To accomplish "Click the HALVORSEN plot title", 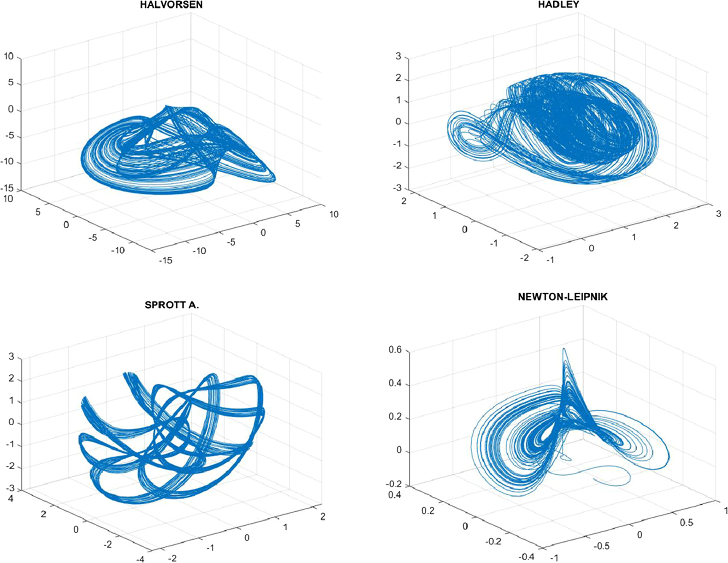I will tap(171, 6).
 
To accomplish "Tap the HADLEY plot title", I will tap(558, 5).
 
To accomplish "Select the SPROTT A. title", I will tap(171, 305).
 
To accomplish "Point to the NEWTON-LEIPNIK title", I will tap(563, 297).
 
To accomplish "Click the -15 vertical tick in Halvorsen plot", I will tap(8, 189).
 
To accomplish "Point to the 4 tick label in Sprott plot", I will tap(11, 499).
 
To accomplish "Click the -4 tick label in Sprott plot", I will tap(140, 559).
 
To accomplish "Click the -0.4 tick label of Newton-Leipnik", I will tap(526, 557).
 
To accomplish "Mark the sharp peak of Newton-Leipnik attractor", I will tap(564, 350).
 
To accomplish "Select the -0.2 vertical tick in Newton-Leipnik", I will tap(394, 484).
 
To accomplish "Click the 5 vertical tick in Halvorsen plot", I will tap(11, 83).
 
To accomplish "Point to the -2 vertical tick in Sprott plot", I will tap(10, 467).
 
